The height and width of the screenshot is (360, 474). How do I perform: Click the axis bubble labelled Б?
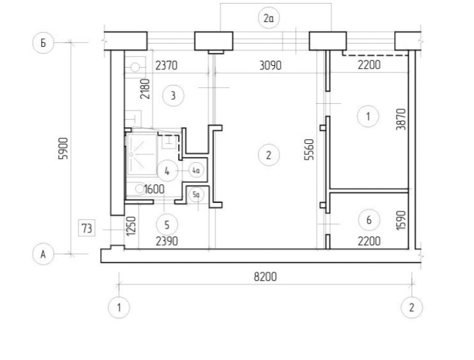[x=43, y=42]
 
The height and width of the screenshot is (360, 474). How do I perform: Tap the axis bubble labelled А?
[x=43, y=254]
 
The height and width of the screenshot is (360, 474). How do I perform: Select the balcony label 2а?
[x=268, y=18]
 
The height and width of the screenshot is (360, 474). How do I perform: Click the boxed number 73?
[x=87, y=228]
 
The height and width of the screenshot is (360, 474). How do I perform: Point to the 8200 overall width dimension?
[x=265, y=277]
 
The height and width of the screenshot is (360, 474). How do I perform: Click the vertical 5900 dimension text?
[x=64, y=148]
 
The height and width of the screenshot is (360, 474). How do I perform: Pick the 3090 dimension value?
[x=270, y=65]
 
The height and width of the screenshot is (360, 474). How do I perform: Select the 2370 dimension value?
[x=166, y=65]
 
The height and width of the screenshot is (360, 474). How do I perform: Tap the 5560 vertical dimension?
[x=309, y=149]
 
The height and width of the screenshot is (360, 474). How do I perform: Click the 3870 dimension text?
[x=401, y=119]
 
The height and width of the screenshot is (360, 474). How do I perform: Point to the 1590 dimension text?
[x=401, y=220]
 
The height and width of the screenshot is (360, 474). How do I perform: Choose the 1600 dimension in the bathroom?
[x=154, y=189]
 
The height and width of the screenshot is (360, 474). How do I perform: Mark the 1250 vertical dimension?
[x=131, y=226]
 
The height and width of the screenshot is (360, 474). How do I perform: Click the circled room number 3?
[x=173, y=96]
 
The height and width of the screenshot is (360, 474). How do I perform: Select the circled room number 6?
[x=369, y=220]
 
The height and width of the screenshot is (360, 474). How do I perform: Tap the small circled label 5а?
[x=196, y=195]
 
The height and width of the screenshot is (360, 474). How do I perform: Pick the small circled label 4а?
[x=196, y=170]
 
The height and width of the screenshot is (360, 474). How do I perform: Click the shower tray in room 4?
[x=142, y=154]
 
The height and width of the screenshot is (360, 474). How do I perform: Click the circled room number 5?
[x=167, y=225]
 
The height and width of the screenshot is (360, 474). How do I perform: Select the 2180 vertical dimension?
[x=145, y=89]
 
